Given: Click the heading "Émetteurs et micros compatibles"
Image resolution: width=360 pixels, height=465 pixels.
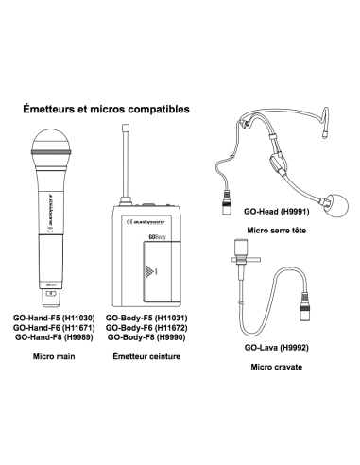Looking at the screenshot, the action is pos(106,109).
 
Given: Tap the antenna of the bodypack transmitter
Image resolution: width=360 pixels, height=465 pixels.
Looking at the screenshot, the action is pos(126,164).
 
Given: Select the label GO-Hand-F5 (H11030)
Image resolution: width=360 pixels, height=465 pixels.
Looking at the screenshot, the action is pos(54,318).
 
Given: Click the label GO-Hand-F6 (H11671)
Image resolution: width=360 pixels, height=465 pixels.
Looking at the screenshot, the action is pos(54,328).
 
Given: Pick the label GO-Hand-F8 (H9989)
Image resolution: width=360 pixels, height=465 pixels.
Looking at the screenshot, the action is pos(54,337).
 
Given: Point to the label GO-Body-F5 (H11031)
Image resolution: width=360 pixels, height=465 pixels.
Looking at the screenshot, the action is pos(146,318).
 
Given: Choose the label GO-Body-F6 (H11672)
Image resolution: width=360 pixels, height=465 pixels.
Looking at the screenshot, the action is pos(146,328).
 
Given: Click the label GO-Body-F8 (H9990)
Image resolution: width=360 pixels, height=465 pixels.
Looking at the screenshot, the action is pos(146,337).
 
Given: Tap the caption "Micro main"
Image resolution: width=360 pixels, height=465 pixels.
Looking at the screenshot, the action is pos(54,356).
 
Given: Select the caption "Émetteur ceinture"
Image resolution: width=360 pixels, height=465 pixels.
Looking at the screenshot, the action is pos(146,356).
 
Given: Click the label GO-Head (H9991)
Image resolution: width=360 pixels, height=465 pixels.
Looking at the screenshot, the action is pos(277,212).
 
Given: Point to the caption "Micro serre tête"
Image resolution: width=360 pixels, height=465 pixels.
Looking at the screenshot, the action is pos(277,231).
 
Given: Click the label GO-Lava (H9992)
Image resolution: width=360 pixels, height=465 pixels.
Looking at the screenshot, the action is pos(277,348).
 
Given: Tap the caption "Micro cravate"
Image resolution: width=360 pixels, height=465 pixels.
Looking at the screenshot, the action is pos(277,367).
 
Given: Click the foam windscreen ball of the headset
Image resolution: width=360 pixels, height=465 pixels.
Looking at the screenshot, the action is pos(336,205).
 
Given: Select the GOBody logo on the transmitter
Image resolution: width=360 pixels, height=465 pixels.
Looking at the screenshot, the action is pos(157,237).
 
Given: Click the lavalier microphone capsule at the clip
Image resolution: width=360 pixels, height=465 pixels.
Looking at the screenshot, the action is pos(241,249).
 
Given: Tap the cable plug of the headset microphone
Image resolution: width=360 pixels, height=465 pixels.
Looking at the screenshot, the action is pos(227,203).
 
